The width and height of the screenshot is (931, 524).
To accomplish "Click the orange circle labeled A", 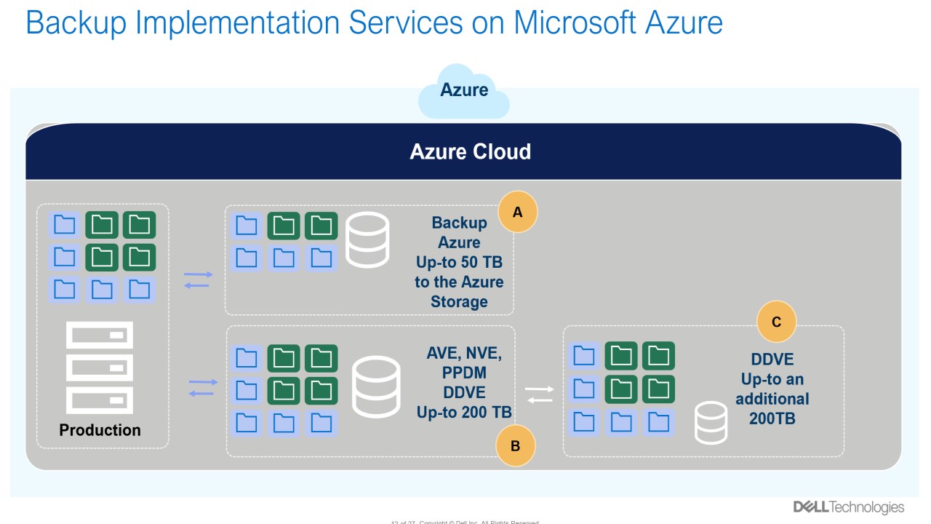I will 518,212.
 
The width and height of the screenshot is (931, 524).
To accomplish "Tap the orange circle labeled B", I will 515,445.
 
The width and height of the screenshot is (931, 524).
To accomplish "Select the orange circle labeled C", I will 776,321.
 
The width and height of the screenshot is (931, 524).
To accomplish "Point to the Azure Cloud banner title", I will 470,151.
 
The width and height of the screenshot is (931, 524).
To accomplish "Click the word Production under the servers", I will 100,430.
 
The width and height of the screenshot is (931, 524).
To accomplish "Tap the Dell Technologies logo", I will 848,507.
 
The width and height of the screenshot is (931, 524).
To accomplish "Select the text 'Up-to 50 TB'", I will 459,262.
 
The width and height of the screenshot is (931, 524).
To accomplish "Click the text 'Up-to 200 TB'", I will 464,413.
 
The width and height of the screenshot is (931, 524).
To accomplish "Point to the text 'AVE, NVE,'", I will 464,354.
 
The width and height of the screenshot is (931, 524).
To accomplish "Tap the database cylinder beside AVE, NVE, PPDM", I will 375,386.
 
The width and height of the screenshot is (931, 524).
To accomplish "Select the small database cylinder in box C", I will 711,422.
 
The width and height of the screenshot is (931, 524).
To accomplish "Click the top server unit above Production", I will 100,336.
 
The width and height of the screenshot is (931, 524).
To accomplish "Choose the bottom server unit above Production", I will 100,400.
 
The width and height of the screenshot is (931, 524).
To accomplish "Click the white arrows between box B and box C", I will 539,394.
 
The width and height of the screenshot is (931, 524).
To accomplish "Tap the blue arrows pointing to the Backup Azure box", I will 197,279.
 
